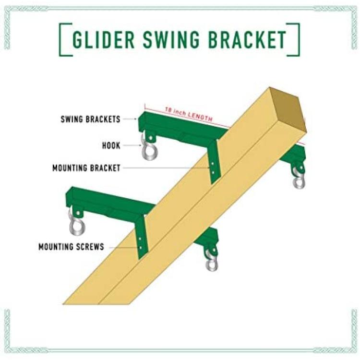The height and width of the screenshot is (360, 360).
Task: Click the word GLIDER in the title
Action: pos(104,39)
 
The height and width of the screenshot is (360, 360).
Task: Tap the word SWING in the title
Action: pos(171,39)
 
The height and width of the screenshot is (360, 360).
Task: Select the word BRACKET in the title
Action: pos(247,39)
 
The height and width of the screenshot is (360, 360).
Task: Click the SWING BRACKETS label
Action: pos(90,119)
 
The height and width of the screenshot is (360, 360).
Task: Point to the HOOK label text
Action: pos(111,145)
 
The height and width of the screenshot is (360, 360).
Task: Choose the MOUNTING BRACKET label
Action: pos(86,168)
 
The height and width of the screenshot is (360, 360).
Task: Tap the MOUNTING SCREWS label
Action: pos(71,247)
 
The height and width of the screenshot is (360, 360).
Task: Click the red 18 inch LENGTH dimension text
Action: pos(189,114)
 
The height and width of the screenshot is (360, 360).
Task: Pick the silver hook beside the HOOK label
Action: pos(148,149)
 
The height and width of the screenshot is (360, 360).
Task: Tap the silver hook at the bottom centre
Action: pos(212,262)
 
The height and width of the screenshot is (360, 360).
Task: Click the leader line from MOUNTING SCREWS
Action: pos(124,248)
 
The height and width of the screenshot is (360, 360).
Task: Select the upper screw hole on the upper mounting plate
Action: pos(213,164)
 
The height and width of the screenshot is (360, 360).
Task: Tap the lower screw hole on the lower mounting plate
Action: pos(140,248)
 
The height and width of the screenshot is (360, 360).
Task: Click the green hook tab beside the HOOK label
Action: pos(150,137)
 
